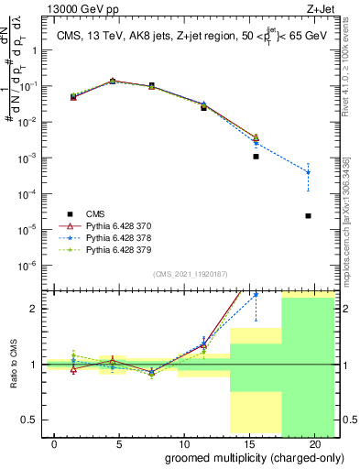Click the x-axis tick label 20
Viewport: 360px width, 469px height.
pyautogui.click(x=314, y=444)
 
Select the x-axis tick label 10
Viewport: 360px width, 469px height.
pyautogui.click(x=184, y=444)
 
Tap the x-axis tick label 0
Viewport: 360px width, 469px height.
pyautogui.click(x=55, y=444)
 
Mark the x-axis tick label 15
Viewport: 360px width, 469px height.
pyautogui.click(x=249, y=444)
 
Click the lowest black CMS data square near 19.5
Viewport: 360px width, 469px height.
pyautogui.click(x=308, y=216)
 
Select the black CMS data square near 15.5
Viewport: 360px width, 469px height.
pyautogui.click(x=256, y=157)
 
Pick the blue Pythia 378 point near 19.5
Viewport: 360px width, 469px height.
pyautogui.click(x=308, y=172)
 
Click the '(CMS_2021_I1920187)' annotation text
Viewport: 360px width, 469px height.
pyautogui.click(x=190, y=274)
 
